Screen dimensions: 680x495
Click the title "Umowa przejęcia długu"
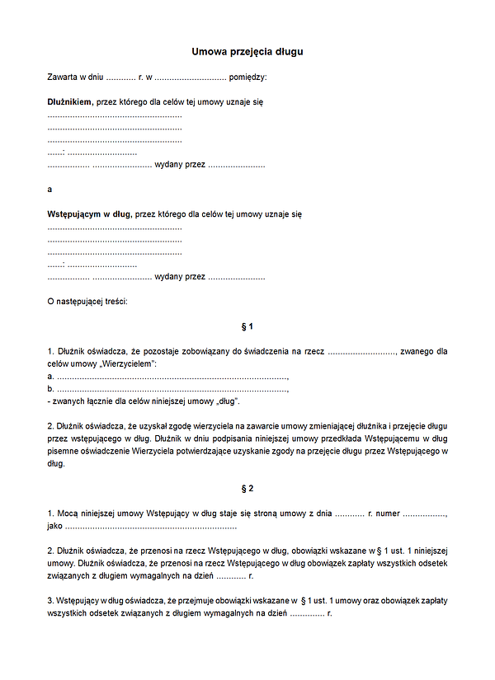coord(247,52)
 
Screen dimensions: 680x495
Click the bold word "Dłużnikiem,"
coord(71,102)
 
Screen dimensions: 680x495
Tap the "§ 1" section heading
coord(247,327)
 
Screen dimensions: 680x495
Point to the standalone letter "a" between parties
coord(50,190)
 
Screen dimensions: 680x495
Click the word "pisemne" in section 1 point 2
coord(63,452)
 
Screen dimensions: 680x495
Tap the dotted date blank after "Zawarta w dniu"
coord(120,77)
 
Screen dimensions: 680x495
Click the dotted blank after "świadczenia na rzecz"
coord(363,351)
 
